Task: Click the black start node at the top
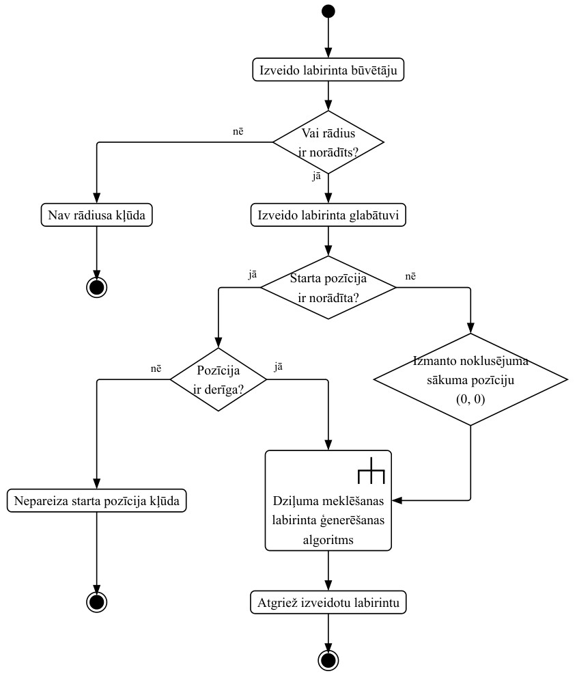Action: [328, 11]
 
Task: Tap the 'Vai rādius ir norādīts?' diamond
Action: [328, 142]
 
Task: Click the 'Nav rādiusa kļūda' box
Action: [96, 215]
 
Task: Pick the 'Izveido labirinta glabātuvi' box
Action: [328, 215]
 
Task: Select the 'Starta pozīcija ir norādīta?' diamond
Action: [328, 287]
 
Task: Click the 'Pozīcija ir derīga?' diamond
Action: [219, 379]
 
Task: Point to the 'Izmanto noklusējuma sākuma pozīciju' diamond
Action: [470, 379]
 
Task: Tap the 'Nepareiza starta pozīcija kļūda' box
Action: [96, 501]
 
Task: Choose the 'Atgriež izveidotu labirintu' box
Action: [328, 603]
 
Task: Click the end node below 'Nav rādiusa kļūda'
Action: [96, 287]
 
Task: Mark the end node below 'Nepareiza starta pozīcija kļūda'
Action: [96, 601]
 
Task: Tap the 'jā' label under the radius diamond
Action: [317, 176]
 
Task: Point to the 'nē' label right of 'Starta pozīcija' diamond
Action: [410, 275]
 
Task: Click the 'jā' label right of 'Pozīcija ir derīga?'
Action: [278, 367]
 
